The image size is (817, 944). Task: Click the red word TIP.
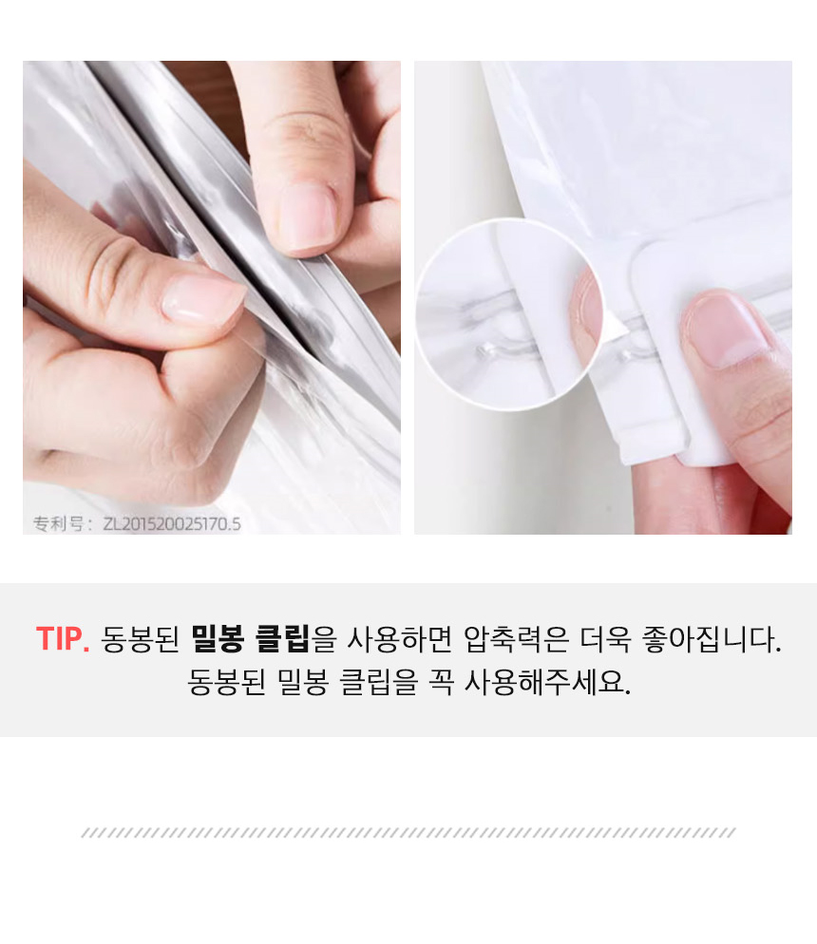tap(63, 639)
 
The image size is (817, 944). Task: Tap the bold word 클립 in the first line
tap(282, 639)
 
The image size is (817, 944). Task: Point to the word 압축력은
tap(516, 639)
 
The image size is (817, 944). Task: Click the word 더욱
tap(605, 639)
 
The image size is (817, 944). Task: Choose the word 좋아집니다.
tap(712, 639)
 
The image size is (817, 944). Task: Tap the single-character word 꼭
tap(441, 682)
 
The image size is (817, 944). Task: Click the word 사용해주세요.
tap(548, 682)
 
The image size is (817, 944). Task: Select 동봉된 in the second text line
tap(226, 682)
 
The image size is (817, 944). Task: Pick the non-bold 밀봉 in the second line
tap(303, 682)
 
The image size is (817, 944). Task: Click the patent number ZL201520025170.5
tap(172, 524)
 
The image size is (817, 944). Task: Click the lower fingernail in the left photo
tap(202, 298)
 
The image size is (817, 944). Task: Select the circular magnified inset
tap(509, 315)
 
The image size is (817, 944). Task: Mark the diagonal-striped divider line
tap(408, 833)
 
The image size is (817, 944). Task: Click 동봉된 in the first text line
tap(141, 639)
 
